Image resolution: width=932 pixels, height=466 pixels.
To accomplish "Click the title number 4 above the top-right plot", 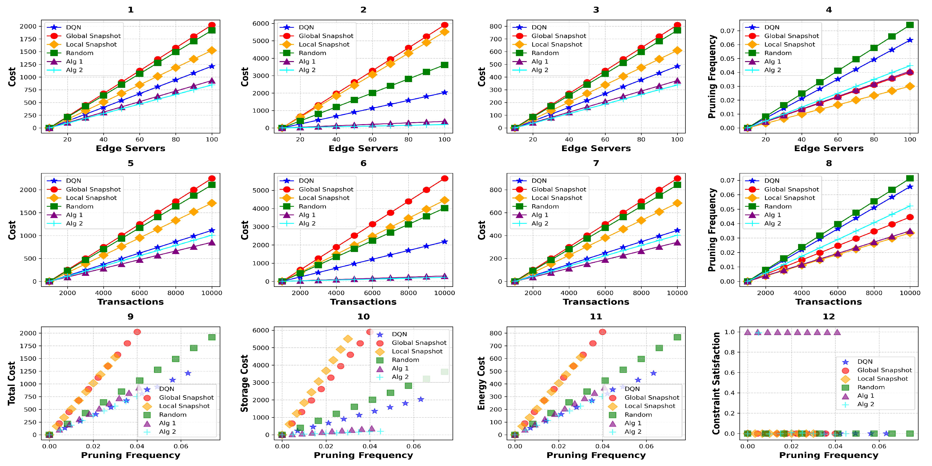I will (829, 10).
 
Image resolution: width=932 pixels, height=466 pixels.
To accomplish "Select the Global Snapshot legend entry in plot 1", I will (93, 36).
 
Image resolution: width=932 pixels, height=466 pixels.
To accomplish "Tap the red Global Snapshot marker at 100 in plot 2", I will (445, 25).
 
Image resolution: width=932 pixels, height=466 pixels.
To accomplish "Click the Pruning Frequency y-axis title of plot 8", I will (712, 230).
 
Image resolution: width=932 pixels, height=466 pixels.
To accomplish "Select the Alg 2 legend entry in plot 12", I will (865, 404).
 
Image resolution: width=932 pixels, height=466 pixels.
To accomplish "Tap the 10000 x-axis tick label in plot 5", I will (212, 293).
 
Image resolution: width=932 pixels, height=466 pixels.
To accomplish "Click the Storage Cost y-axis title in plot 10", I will (245, 383).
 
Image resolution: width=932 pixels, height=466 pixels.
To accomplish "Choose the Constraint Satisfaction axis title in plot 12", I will (716, 383).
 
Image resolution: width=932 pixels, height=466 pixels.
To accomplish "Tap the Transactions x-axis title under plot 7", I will (596, 302).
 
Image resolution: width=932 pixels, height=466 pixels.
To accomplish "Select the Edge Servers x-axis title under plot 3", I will (596, 148).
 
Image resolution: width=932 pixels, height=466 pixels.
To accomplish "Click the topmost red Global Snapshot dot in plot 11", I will (602, 332).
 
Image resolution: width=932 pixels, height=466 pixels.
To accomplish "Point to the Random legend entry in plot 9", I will (172, 415).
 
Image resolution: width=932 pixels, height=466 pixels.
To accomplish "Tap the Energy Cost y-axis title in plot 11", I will (481, 383).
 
